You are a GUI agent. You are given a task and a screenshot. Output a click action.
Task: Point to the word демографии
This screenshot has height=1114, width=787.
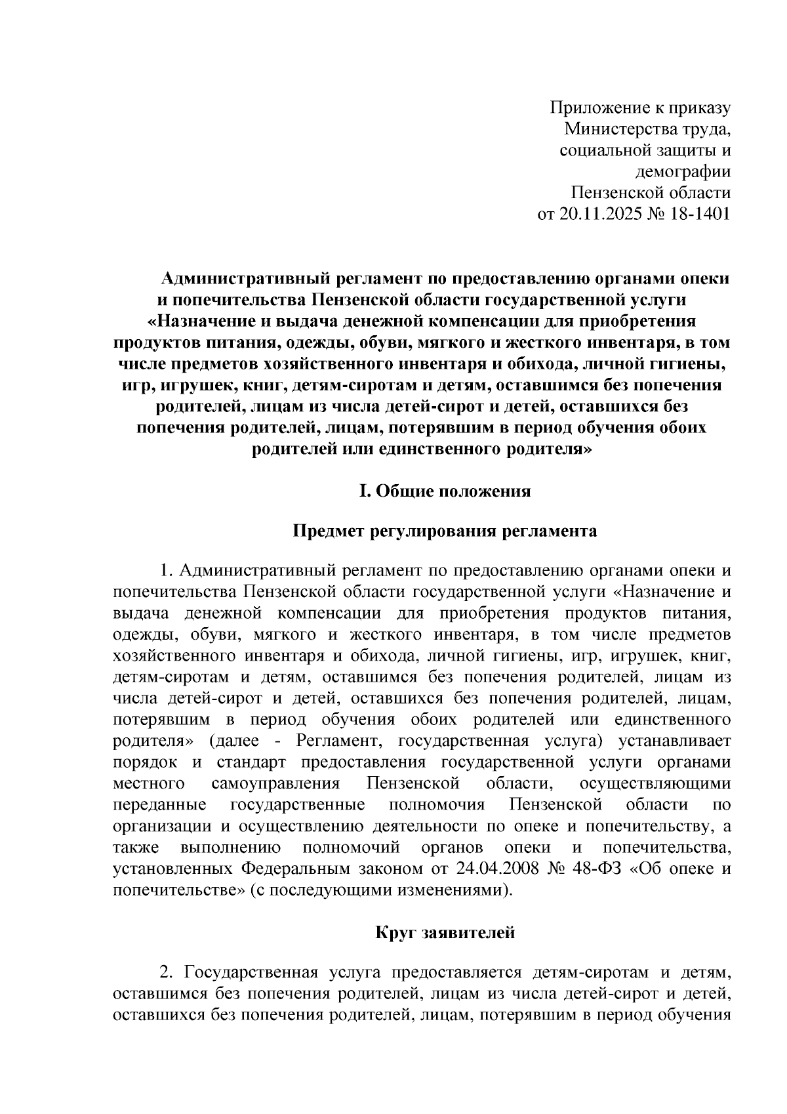click(x=682, y=172)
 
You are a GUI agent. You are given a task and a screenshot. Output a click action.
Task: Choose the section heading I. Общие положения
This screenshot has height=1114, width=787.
click(x=444, y=491)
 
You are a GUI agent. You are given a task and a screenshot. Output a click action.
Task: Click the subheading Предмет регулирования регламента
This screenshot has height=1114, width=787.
click(x=444, y=531)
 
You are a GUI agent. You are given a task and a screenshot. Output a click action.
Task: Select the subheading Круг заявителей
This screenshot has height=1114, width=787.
click(x=445, y=932)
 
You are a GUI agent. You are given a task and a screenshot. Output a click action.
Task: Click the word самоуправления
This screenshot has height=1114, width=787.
click(x=275, y=783)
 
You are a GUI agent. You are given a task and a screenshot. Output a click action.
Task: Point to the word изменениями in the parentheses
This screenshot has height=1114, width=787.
click(x=457, y=890)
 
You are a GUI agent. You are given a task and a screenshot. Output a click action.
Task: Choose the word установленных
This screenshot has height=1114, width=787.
click(x=172, y=869)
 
